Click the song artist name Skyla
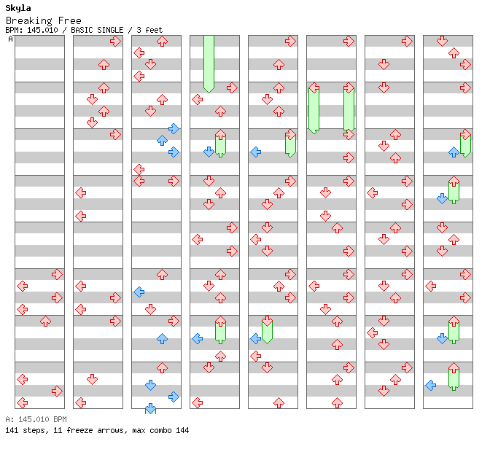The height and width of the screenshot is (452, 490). click(x=18, y=8)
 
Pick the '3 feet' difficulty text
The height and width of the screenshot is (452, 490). click(x=149, y=30)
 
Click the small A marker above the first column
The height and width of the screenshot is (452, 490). click(x=10, y=39)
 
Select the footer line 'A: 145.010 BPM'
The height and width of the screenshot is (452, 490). click(x=36, y=419)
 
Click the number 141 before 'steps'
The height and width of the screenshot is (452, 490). click(x=12, y=430)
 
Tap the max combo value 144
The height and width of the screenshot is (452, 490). click(x=182, y=430)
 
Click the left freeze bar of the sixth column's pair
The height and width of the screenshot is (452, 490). click(x=314, y=108)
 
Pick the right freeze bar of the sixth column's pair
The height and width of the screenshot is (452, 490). click(x=349, y=108)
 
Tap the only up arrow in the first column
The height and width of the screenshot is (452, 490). click(x=45, y=321)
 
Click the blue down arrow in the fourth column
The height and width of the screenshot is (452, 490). click(x=209, y=152)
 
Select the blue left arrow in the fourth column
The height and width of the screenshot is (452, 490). click(x=197, y=338)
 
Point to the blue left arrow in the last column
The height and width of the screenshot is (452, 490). click(x=430, y=385)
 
